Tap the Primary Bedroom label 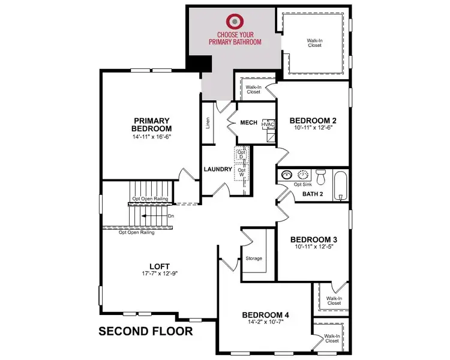[x=152, y=124]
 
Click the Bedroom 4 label [x=266, y=315]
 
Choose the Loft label [x=160, y=266]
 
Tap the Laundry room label [x=217, y=169]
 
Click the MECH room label [x=248, y=123]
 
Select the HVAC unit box [x=268, y=124]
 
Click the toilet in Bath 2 [x=320, y=178]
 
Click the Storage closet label [x=254, y=259]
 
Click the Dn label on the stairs [x=171, y=215]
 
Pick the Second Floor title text [x=146, y=331]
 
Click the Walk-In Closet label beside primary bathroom [x=314, y=43]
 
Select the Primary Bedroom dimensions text [x=152, y=137]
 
